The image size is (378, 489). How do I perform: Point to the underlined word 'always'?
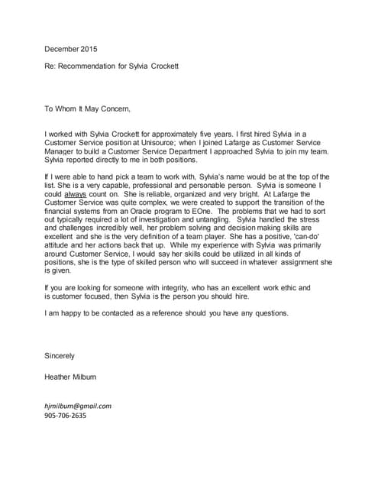click(75, 193)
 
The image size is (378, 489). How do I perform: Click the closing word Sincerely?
click(60, 355)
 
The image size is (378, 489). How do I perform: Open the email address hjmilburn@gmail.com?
click(79, 406)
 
